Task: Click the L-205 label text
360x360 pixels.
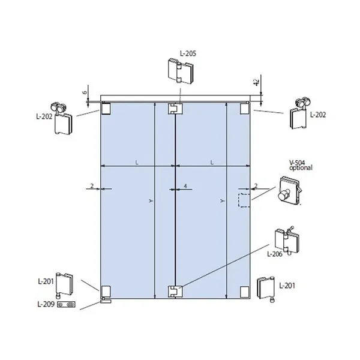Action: click(x=188, y=53)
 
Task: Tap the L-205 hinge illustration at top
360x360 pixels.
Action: click(x=181, y=71)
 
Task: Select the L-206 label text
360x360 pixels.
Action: click(x=275, y=254)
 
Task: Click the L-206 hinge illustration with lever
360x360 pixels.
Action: click(x=287, y=240)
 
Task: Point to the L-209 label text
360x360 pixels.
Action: click(x=46, y=304)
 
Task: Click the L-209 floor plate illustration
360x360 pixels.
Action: click(x=66, y=304)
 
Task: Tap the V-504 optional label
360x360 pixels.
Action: click(x=301, y=166)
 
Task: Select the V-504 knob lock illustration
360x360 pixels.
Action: click(x=290, y=191)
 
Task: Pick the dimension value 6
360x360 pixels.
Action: click(x=85, y=92)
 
